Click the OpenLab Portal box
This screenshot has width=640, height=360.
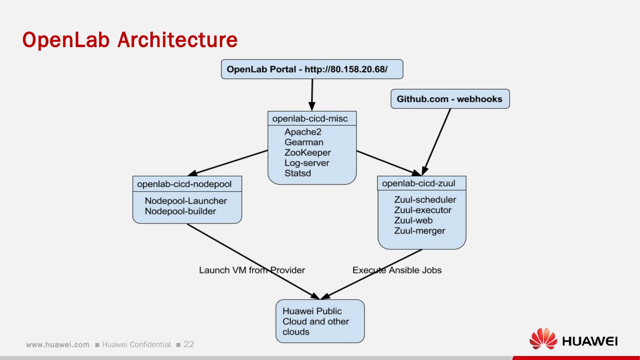pyautogui.click(x=312, y=69)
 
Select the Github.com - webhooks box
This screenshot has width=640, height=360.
pyautogui.click(x=450, y=99)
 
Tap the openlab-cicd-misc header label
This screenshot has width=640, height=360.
pyautogui.click(x=310, y=119)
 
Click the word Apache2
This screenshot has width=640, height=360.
pyautogui.click(x=303, y=132)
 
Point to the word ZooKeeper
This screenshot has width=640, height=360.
pyautogui.click(x=308, y=152)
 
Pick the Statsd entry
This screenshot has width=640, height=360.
pyautogui.click(x=298, y=173)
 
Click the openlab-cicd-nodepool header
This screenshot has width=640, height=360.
pyautogui.click(x=184, y=184)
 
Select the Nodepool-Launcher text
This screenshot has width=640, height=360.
pyautogui.click(x=186, y=201)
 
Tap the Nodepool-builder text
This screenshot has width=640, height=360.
pyautogui.click(x=180, y=211)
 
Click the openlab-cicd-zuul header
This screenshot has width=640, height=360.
pyautogui.click(x=419, y=183)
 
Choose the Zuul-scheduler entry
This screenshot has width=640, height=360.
pyautogui.click(x=425, y=200)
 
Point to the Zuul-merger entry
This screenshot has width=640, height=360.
pyautogui.click(x=420, y=231)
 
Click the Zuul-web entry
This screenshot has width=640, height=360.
pyautogui.click(x=413, y=220)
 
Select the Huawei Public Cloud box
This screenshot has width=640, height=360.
pyautogui.click(x=320, y=321)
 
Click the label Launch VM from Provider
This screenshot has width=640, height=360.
pyautogui.click(x=252, y=270)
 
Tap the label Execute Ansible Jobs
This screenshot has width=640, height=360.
pyautogui.click(x=397, y=270)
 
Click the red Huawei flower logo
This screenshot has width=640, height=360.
pyautogui.click(x=543, y=339)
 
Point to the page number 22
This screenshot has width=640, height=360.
pyautogui.click(x=189, y=344)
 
